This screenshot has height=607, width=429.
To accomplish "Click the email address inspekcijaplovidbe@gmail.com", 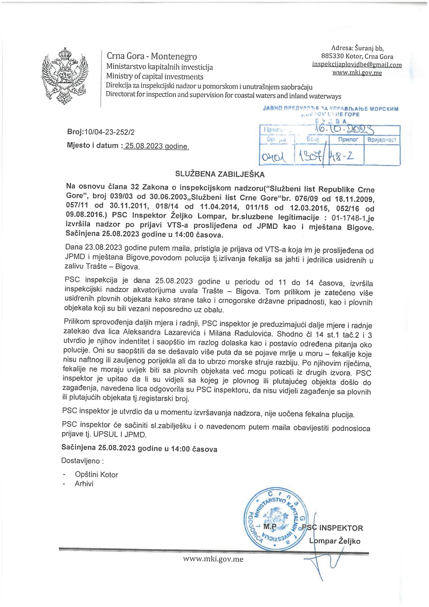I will [x=357, y=65].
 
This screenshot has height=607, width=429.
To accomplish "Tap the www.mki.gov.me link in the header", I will [x=357, y=73].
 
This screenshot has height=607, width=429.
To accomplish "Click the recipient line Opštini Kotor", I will [x=97, y=475].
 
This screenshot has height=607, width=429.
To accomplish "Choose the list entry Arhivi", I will [x=84, y=484].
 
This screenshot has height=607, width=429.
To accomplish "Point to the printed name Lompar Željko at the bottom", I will [x=335, y=541].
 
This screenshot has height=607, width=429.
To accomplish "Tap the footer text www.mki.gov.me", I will [x=213, y=559].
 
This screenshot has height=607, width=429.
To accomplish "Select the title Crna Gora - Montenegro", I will [x=152, y=56].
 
